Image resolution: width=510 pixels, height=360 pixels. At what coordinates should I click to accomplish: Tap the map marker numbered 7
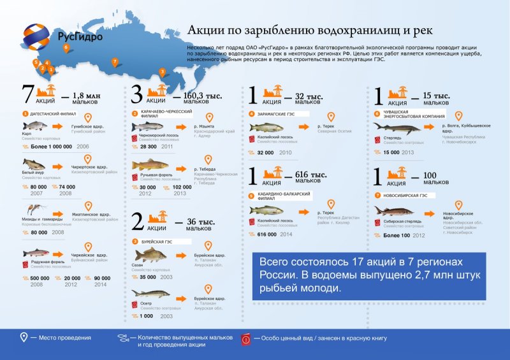(115, 62)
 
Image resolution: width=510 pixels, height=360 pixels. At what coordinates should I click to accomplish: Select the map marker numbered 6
(66, 47)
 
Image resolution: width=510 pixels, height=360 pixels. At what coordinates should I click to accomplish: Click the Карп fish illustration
(36, 125)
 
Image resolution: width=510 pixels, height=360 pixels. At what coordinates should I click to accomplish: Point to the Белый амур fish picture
(34, 165)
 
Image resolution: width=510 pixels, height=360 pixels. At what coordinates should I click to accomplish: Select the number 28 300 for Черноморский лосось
(149, 147)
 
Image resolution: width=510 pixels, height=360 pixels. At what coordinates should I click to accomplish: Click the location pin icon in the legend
(24, 337)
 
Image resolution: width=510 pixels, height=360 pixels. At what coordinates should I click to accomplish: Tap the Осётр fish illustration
(153, 295)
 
